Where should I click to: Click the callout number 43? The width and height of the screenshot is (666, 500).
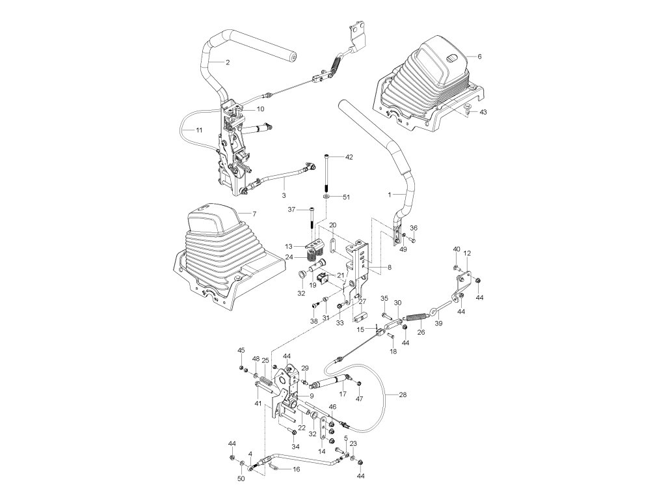[483, 113]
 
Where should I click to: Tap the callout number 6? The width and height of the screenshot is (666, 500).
[479, 57]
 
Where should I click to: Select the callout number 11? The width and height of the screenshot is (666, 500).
[199, 130]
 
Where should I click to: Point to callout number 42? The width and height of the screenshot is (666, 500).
[349, 157]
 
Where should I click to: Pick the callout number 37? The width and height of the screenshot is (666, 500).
[293, 209]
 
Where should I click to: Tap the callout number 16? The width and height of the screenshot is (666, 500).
[296, 469]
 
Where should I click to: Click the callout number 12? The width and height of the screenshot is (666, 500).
[467, 253]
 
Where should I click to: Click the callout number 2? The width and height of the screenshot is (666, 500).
[227, 62]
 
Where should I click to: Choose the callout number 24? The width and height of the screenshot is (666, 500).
[289, 257]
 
